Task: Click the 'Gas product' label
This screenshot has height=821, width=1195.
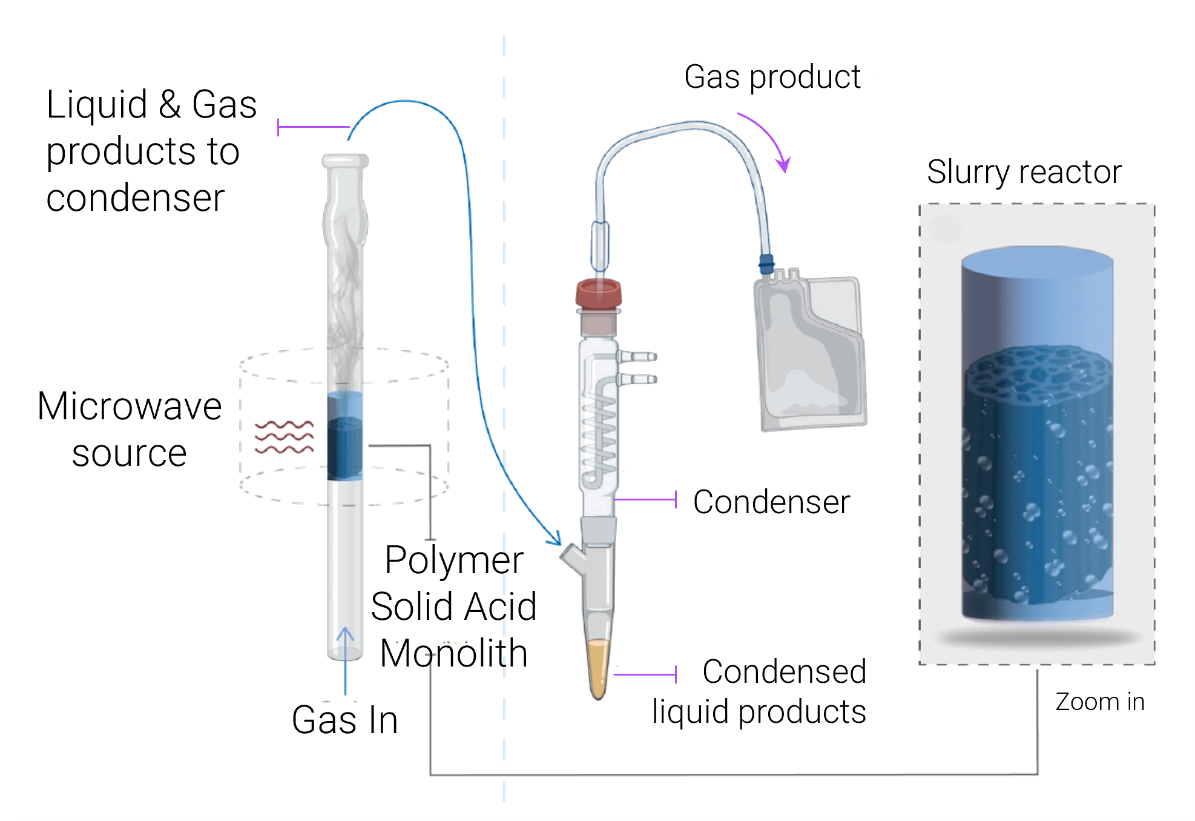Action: [772, 78]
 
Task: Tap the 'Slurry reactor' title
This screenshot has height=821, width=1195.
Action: [1024, 172]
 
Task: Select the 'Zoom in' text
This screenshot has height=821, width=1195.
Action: [1099, 702]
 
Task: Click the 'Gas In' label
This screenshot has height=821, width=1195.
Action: [344, 720]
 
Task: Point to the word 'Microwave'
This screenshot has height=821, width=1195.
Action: [130, 406]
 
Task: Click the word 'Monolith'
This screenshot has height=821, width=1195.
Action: [453, 654]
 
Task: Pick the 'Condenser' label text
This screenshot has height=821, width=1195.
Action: [771, 502]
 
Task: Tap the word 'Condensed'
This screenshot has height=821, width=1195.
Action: [784, 671]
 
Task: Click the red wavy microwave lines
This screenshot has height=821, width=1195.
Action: [284, 437]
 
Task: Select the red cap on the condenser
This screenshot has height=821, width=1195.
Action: [599, 293]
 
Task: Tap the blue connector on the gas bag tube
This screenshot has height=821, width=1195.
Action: [766, 264]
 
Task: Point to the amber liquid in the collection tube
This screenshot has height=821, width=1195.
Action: [599, 666]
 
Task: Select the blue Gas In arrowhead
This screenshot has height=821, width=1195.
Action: [345, 633]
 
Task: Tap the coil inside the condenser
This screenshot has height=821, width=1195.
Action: [599, 436]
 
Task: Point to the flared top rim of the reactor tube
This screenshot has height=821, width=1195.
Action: [345, 161]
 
